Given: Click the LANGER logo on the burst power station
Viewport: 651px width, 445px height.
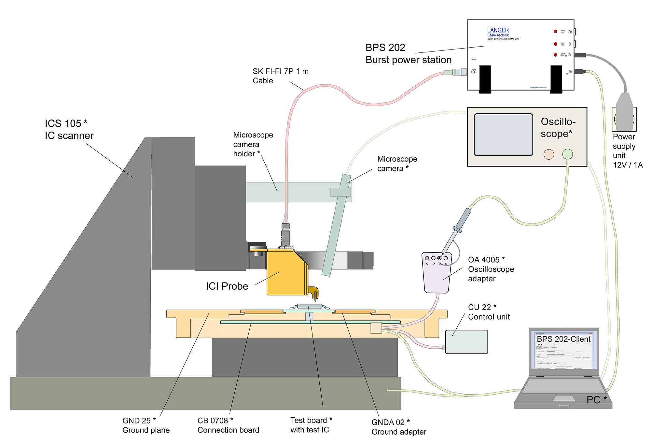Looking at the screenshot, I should [498, 30].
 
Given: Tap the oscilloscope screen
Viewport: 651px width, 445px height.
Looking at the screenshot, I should [503, 135].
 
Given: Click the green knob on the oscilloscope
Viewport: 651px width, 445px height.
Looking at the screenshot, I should [567, 154].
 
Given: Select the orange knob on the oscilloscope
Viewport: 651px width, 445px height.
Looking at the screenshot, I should [549, 154].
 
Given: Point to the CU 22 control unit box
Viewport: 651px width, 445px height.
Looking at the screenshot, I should [466, 342].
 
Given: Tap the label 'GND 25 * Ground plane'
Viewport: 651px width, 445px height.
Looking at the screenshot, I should [146, 425].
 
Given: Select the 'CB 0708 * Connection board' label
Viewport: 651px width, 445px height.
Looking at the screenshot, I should [228, 425].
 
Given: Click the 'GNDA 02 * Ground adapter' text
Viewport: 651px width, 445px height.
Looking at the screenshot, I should [398, 427].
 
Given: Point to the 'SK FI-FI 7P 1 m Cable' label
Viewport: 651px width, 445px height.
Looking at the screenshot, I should [280, 76].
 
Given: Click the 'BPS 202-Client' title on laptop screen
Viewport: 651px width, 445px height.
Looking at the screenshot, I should [563, 339].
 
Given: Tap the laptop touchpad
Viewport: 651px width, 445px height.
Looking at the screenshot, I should [564, 398].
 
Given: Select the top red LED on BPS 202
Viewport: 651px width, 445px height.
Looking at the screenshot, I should [556, 32].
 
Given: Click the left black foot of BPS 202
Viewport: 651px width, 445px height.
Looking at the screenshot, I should [485, 79].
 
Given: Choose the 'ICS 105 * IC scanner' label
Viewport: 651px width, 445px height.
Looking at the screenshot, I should [69, 129].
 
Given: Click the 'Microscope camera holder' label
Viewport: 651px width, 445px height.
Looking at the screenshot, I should [253, 144].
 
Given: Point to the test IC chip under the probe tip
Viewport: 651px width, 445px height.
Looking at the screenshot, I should [308, 306].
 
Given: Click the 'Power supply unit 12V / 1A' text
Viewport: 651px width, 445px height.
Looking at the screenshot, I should [627, 151].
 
